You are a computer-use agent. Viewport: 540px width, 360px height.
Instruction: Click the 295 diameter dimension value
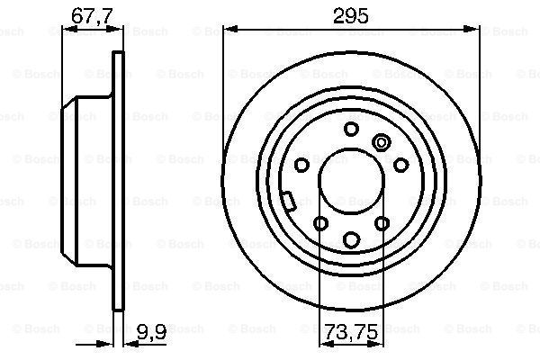(x=351, y=15)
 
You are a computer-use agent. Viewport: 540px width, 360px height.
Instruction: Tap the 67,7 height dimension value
(x=92, y=15)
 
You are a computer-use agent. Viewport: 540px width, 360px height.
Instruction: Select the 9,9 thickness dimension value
(x=151, y=331)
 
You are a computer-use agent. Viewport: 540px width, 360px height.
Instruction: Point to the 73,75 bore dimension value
(x=351, y=332)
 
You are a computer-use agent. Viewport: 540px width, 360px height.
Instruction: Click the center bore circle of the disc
(x=351, y=181)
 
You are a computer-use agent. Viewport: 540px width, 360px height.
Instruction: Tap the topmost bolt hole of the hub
(x=351, y=129)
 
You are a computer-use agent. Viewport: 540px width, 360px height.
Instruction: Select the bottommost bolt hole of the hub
(x=352, y=239)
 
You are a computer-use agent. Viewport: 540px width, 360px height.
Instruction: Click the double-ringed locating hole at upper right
(x=382, y=142)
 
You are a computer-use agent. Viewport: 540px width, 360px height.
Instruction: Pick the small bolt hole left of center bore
(x=301, y=165)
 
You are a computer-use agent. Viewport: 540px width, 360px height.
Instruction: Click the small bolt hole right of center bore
(x=400, y=165)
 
